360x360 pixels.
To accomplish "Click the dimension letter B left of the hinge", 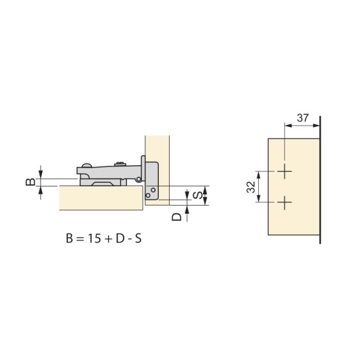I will (32, 182).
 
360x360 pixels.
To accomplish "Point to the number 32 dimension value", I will (251, 186).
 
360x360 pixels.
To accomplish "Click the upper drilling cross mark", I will (285, 171).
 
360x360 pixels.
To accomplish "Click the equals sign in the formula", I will (79, 238).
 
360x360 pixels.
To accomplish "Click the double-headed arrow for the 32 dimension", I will (260, 186).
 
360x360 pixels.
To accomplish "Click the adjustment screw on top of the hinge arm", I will (121, 164).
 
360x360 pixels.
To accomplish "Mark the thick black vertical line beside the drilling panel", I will (321, 180).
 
